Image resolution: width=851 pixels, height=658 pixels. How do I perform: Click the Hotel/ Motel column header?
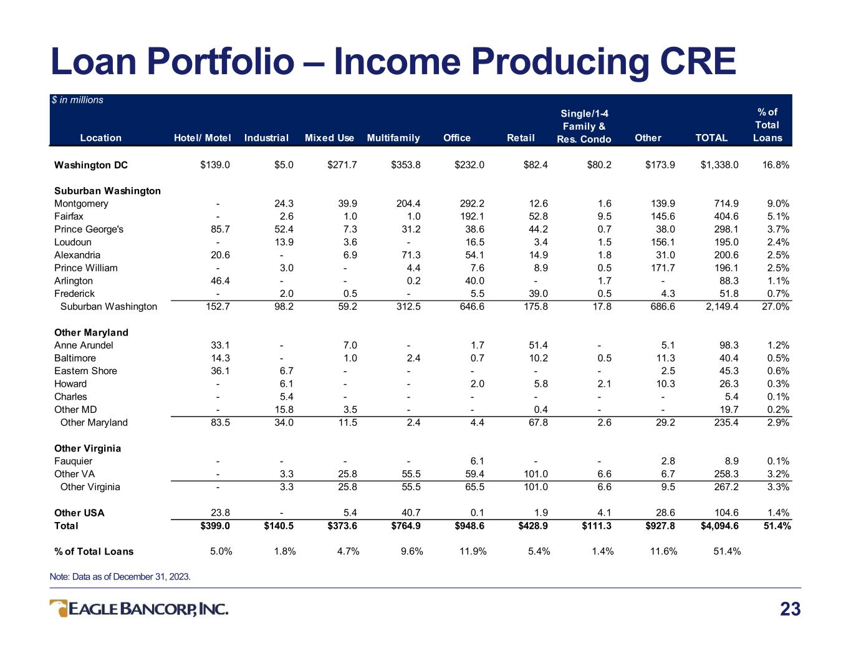coord(202,138)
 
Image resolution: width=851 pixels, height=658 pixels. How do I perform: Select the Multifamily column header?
coord(393,138)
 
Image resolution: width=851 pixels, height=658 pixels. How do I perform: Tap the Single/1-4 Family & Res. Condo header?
coord(584,126)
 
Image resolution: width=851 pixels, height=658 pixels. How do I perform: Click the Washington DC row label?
coord(91,165)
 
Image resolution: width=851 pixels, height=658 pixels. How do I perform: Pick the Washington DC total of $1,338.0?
coord(719,165)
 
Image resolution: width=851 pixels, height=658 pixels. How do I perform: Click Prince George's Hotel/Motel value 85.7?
coord(220,229)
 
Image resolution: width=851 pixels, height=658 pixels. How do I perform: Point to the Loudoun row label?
coord(73,242)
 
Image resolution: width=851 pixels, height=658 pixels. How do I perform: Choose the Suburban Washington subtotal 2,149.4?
coord(722,306)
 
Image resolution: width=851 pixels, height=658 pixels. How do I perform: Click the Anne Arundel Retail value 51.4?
coord(538,345)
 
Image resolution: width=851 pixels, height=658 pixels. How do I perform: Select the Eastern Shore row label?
coord(85,371)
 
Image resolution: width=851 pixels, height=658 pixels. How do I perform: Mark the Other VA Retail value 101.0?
coord(536,474)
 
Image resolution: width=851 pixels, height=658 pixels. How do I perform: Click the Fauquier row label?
coord(73,461)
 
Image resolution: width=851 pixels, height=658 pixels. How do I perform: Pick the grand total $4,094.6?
coord(719,526)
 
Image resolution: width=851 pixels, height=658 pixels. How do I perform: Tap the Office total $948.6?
coord(469,526)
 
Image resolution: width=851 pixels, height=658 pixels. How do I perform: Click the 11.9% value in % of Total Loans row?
coord(473,551)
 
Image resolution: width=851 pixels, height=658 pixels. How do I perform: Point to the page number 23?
coord(791,609)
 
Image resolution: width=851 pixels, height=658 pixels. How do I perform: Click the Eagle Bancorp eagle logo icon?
coord(59,608)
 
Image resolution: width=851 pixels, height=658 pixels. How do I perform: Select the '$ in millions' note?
coord(77,100)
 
